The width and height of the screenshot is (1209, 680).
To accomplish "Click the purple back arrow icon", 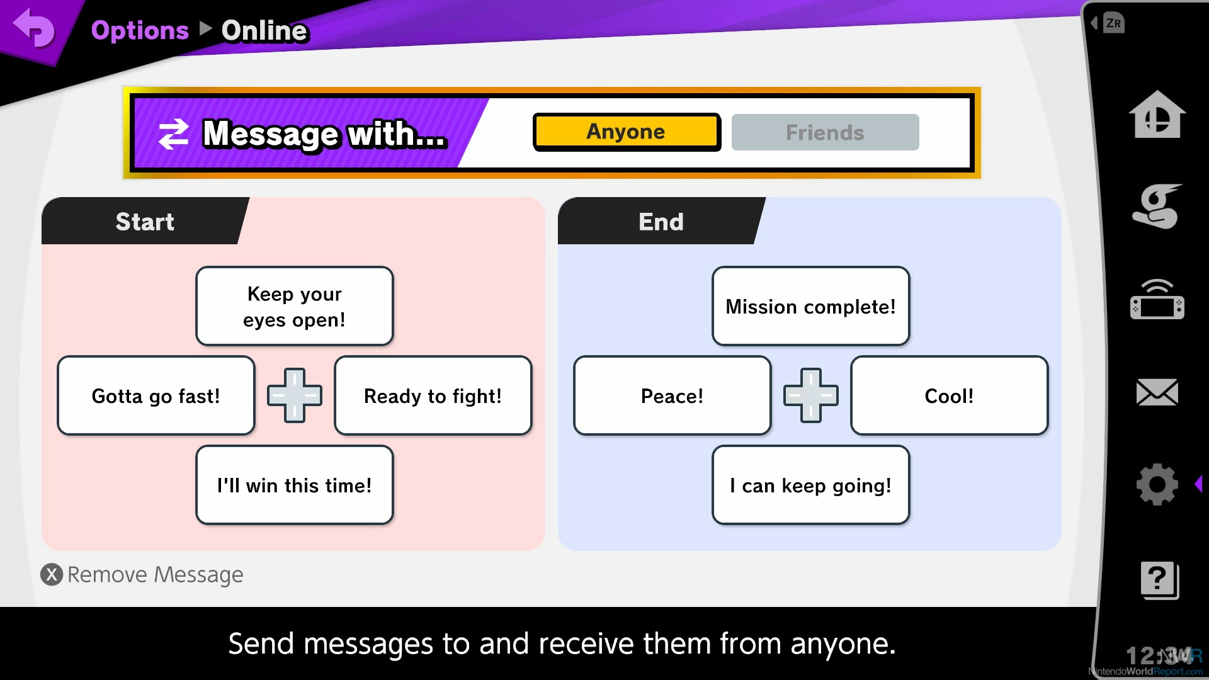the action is click(x=34, y=28).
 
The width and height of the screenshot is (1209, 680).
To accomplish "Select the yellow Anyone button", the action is click(x=627, y=132).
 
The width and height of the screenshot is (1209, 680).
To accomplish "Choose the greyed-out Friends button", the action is click(x=825, y=132).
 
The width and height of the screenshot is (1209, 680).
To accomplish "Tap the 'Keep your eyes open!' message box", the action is click(x=295, y=306).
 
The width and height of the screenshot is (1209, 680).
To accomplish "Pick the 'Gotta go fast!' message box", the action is click(x=156, y=395).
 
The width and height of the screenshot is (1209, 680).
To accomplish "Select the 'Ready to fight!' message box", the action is click(x=433, y=395).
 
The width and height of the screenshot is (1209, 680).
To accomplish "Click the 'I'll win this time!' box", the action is click(x=295, y=485).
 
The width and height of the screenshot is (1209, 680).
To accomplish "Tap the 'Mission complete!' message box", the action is click(x=811, y=306).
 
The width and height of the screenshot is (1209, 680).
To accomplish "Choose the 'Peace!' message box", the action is click(x=673, y=395).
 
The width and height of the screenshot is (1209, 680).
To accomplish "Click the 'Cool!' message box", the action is click(x=950, y=395).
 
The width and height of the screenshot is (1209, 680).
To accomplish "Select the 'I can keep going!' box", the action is click(x=811, y=485).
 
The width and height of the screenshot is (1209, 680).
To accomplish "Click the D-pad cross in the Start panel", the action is click(x=295, y=395).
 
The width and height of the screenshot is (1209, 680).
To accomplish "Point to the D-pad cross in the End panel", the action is click(x=811, y=395).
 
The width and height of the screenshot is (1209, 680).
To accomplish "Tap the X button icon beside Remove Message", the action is click(x=52, y=574).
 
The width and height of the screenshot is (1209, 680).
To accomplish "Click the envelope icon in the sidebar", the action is click(x=1157, y=392).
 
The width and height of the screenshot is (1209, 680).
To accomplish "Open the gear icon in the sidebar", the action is click(x=1157, y=484).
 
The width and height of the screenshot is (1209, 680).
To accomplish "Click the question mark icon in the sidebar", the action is click(x=1159, y=580).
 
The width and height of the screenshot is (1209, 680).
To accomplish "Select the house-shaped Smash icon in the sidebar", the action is click(x=1157, y=115).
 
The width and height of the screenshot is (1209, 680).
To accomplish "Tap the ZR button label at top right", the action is click(x=1113, y=23).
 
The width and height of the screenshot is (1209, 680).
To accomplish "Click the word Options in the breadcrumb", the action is click(x=140, y=30).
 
